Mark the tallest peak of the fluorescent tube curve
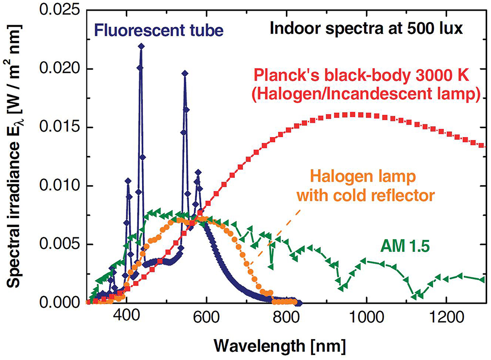point(141,46)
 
